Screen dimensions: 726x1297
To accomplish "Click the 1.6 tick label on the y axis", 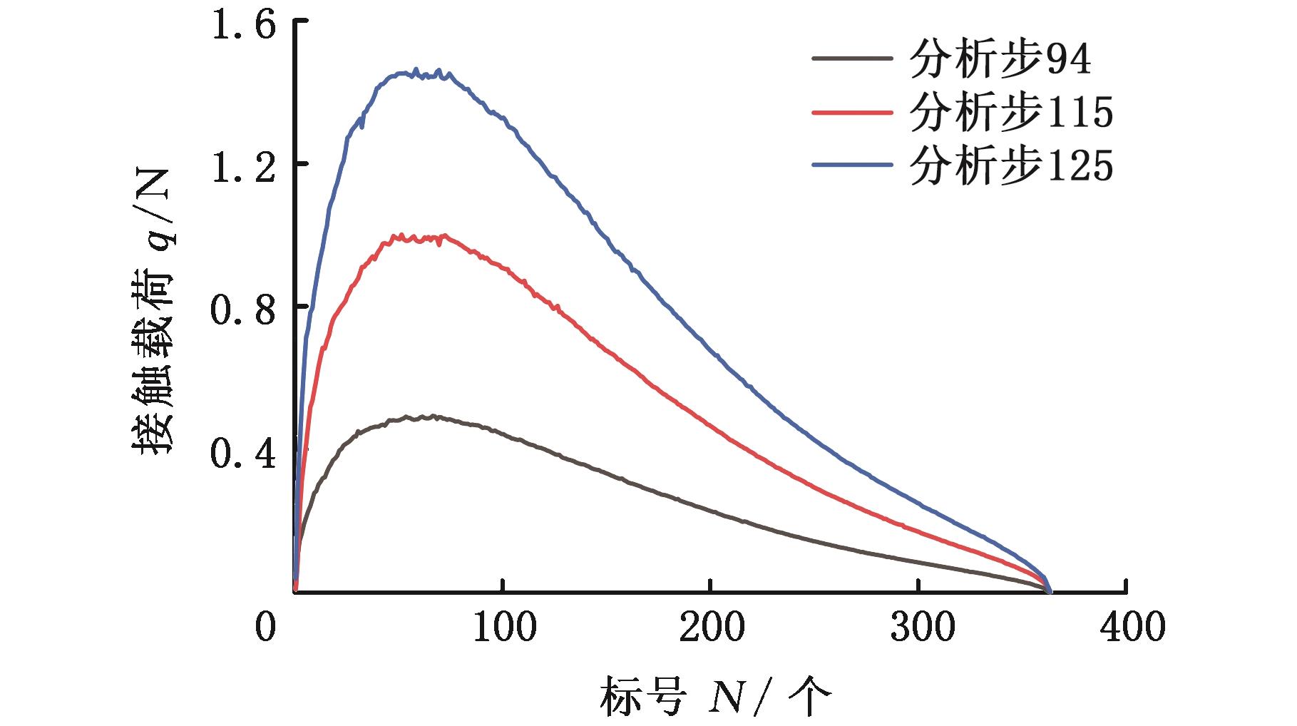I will (x=243, y=26).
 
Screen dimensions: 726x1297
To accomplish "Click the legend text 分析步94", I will (x=1000, y=60).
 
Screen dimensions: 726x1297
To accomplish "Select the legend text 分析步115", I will (x=1011, y=113).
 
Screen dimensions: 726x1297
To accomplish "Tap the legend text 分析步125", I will (x=1011, y=166).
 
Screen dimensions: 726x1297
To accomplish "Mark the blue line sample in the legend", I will (x=852, y=165).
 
